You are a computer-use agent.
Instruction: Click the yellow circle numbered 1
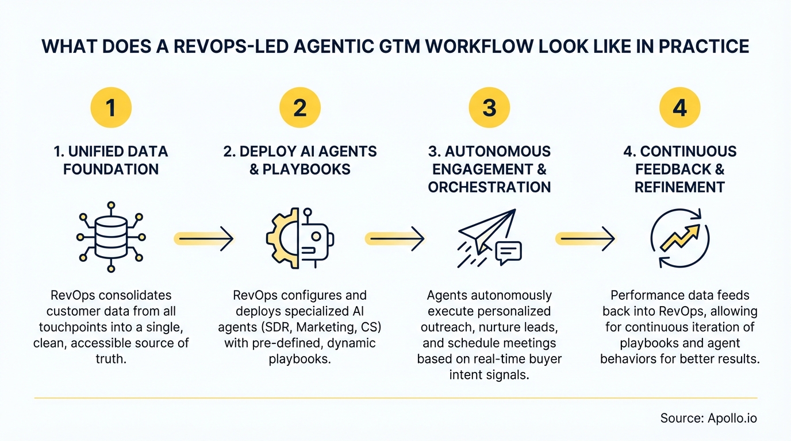pyautogui.click(x=111, y=107)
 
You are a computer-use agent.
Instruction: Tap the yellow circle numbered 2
pyautogui.click(x=299, y=107)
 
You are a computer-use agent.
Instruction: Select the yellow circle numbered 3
pyautogui.click(x=489, y=107)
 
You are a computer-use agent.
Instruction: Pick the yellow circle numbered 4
pyautogui.click(x=679, y=107)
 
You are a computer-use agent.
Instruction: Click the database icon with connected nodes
pyautogui.click(x=111, y=237)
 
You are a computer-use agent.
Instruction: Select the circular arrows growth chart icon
pyautogui.click(x=679, y=237)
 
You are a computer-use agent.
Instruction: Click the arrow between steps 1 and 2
pyautogui.click(x=203, y=237)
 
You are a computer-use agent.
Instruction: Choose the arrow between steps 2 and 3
pyautogui.click(x=394, y=237)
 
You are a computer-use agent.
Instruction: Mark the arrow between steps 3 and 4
pyautogui.click(x=585, y=237)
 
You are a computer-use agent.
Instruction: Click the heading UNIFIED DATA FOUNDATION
pyautogui.click(x=111, y=160)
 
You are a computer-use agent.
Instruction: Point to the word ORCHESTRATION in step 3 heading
pyautogui.click(x=489, y=187)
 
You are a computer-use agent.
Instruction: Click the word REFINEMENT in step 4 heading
pyautogui.click(x=679, y=187)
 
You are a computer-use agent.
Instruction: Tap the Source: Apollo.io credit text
pyautogui.click(x=708, y=418)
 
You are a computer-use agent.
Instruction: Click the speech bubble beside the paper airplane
pyautogui.click(x=508, y=252)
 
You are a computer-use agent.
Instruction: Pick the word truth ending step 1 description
pyautogui.click(x=111, y=359)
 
